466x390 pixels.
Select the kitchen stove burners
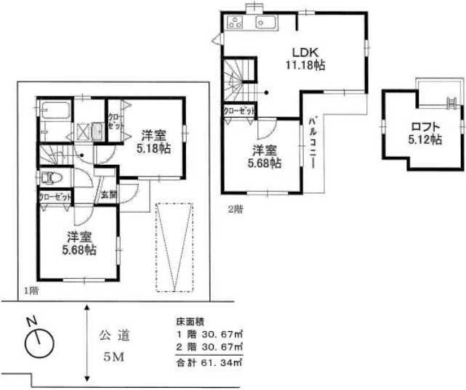click(x=236, y=23)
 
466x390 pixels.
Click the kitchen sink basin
click(x=265, y=23)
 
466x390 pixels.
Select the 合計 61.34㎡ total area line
click(x=208, y=361)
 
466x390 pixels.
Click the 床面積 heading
click(x=188, y=320)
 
